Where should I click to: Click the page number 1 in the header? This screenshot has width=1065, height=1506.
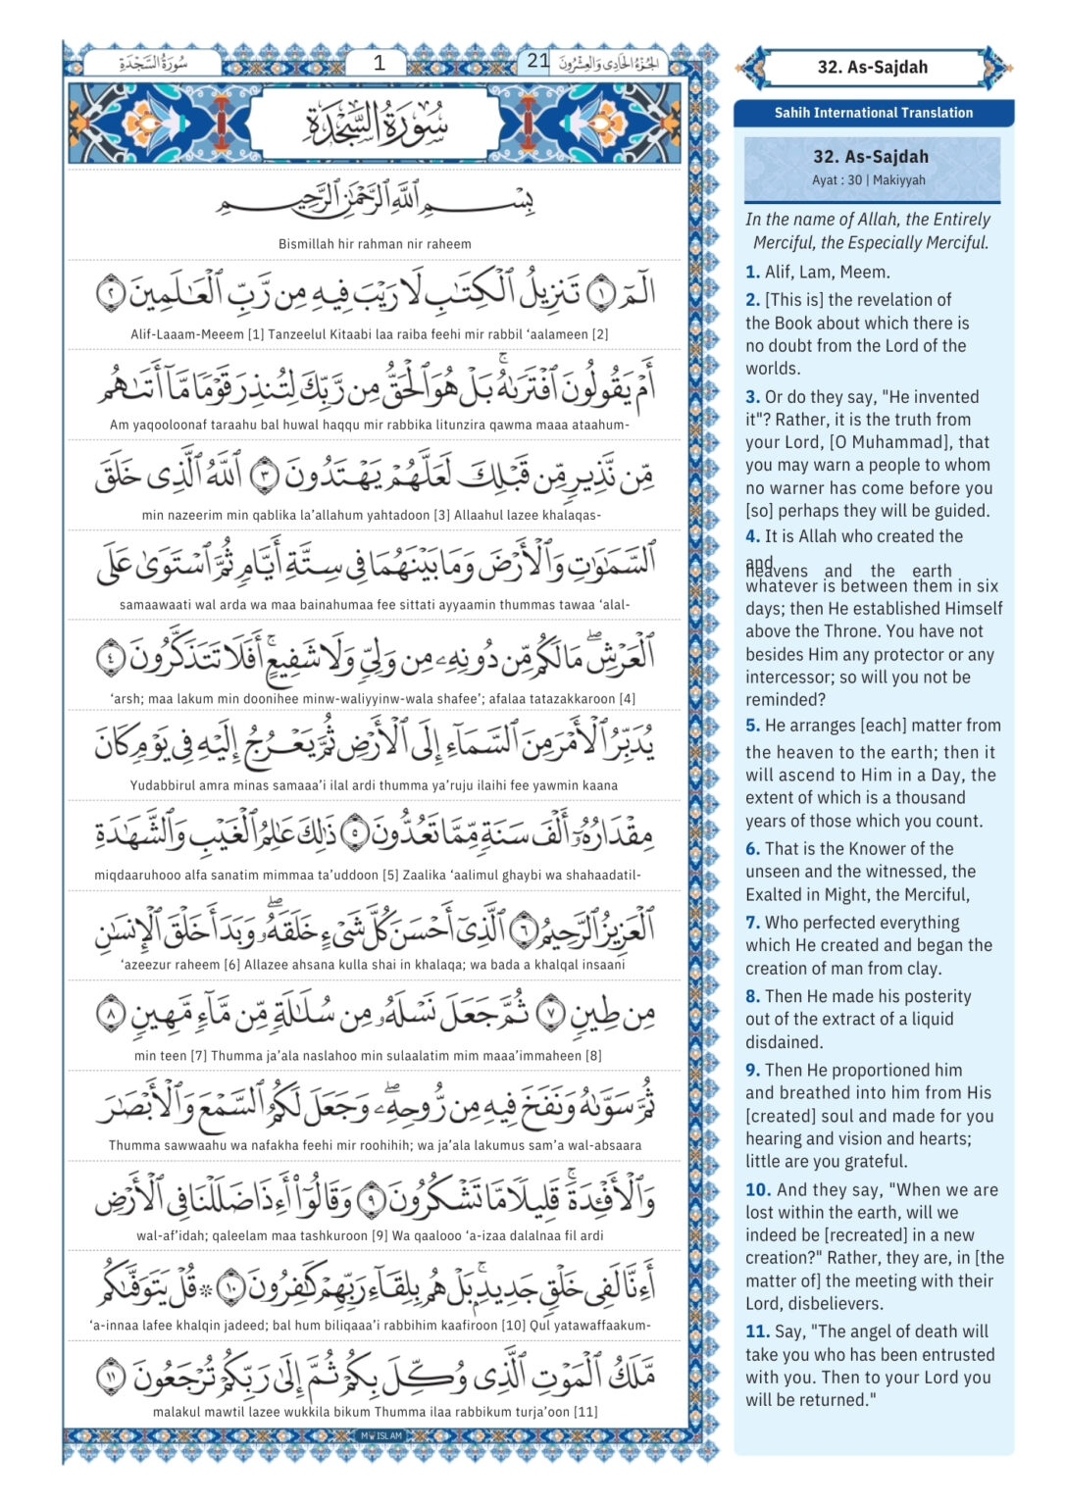point(380,63)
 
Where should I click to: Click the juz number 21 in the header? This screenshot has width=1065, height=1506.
point(537,61)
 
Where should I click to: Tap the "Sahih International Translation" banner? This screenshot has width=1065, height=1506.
point(874,113)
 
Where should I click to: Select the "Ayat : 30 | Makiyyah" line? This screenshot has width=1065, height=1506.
point(869,180)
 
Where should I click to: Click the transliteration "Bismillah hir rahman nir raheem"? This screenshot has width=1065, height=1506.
point(375,244)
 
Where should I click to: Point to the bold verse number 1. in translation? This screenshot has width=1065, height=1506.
point(752,273)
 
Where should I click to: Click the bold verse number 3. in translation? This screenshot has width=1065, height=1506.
point(752,397)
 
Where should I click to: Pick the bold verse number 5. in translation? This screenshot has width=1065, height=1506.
point(752,726)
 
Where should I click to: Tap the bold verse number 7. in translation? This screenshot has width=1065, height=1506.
point(752,923)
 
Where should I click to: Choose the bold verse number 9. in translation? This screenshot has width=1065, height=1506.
point(752,1071)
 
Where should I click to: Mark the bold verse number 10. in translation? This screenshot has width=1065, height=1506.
point(757,1190)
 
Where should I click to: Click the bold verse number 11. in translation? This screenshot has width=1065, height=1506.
point(757,1331)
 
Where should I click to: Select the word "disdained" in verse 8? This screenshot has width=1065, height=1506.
point(784,1042)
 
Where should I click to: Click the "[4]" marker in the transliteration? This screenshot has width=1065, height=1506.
point(628,699)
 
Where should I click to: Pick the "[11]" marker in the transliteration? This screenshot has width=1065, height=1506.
point(585,1412)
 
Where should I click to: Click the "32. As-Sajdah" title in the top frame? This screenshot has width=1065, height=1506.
point(872,68)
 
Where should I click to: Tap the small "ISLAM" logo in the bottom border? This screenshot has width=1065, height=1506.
point(382,1435)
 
